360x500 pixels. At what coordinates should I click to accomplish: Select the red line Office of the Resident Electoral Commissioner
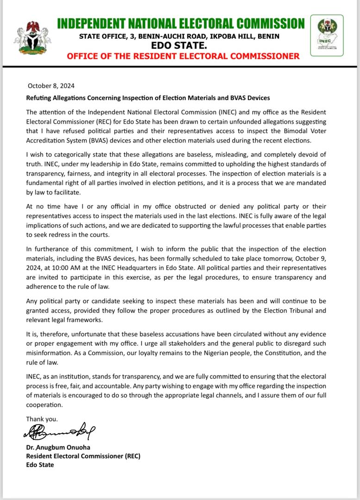tap(183, 56)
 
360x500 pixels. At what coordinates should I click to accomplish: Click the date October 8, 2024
tap(51, 86)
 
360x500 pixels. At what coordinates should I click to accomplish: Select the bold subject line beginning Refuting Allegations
tap(148, 98)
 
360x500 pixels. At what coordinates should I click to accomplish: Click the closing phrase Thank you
tap(42, 419)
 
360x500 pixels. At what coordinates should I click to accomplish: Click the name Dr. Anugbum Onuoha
tap(57, 448)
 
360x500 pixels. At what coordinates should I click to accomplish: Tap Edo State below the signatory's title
tap(40, 464)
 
